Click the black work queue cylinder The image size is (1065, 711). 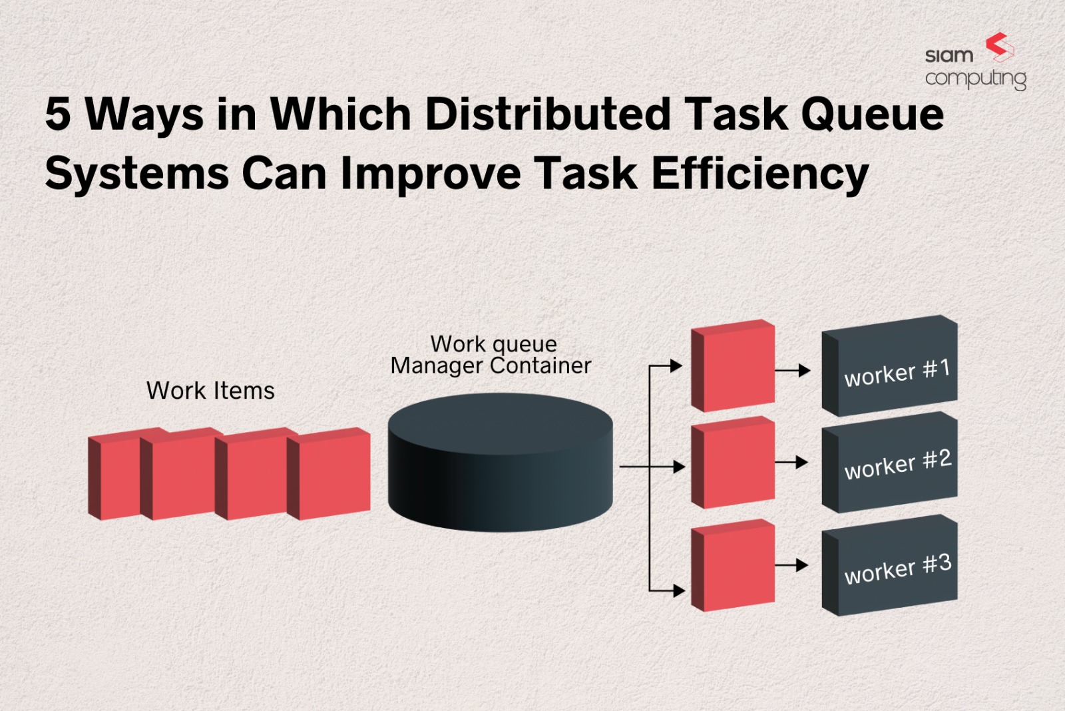500,463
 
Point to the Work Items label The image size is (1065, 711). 210,391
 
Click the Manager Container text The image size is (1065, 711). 491,365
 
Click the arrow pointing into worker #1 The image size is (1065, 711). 793,370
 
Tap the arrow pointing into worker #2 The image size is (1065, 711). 792,462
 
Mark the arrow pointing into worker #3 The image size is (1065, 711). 792,565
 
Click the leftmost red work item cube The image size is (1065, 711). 113,475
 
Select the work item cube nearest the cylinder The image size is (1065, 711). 329,474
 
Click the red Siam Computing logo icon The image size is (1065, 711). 999,47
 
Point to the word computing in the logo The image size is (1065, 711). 975,79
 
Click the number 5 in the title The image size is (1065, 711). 58,113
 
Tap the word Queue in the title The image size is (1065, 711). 873,115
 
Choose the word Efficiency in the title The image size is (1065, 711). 759,174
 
